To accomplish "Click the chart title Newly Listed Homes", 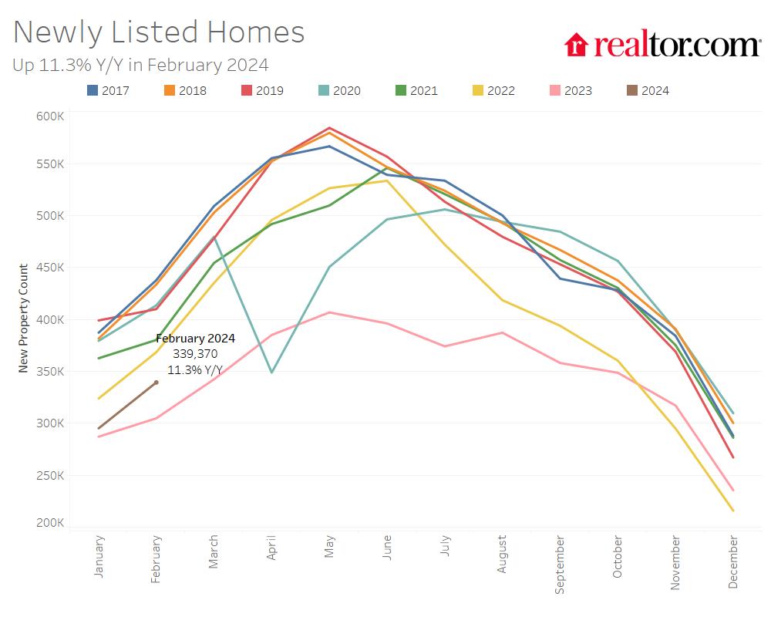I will coord(159,32).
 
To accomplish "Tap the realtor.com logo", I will coord(662,45).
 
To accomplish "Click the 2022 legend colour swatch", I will coord(478,90).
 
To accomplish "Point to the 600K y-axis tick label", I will coord(51,116).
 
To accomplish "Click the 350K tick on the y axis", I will coord(51,372).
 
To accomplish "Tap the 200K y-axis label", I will coord(51,523).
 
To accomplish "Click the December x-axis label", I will coord(732,563).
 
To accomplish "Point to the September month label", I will coord(560,565).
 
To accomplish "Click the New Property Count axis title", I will coord(24,318).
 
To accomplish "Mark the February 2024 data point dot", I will coord(157,383).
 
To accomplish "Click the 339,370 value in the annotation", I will coord(196,353).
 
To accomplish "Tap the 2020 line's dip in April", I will coord(271,373).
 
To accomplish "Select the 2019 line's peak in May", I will coord(329,128).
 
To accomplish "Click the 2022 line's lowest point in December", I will coord(732,511).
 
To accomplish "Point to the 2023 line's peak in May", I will coord(329,312).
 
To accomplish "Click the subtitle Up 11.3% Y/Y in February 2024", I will coord(140,65).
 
